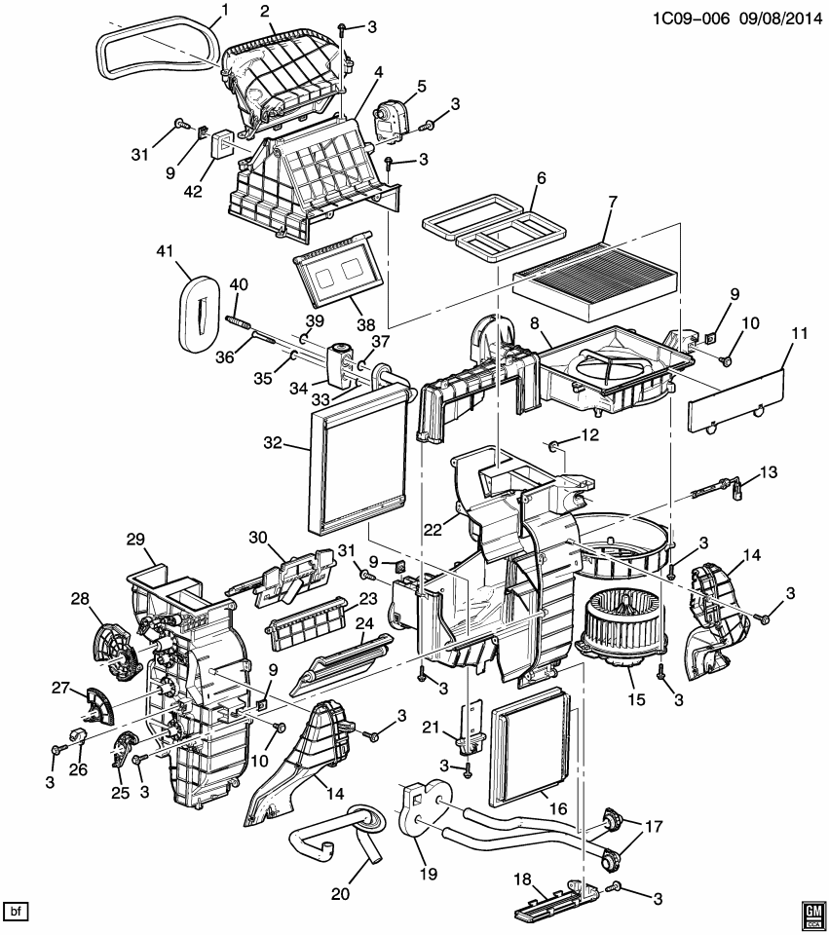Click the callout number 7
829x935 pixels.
point(613,203)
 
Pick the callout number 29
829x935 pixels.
point(134,540)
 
